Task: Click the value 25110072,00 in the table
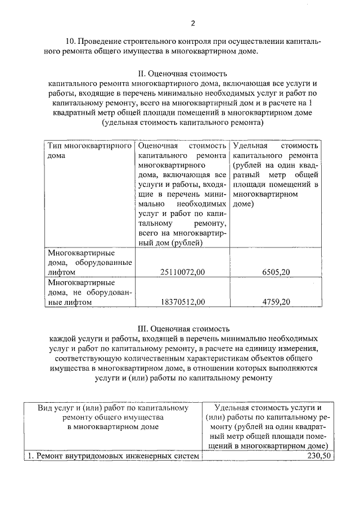(x=183, y=272)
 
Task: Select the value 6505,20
(x=276, y=272)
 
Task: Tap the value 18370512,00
(x=183, y=302)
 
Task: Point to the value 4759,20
(x=276, y=302)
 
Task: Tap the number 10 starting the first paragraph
(x=71, y=42)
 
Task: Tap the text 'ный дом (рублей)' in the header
(x=170, y=243)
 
